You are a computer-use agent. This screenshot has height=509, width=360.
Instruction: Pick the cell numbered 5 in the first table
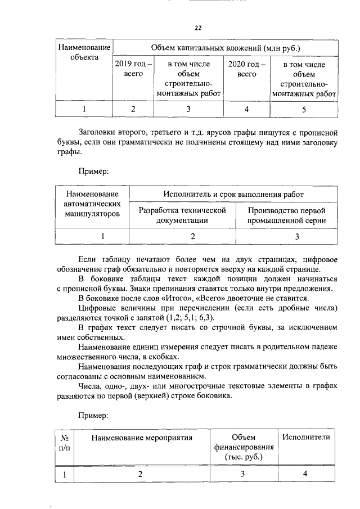point(304,109)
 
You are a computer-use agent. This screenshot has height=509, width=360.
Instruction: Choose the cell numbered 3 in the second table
point(297,237)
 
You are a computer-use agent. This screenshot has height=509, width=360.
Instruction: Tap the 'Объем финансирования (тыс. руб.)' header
point(244,447)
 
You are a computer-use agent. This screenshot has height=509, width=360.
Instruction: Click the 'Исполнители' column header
point(306,437)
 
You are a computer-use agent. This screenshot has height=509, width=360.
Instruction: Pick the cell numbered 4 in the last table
point(305,474)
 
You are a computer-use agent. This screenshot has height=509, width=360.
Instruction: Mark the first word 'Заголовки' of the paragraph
point(97,133)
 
